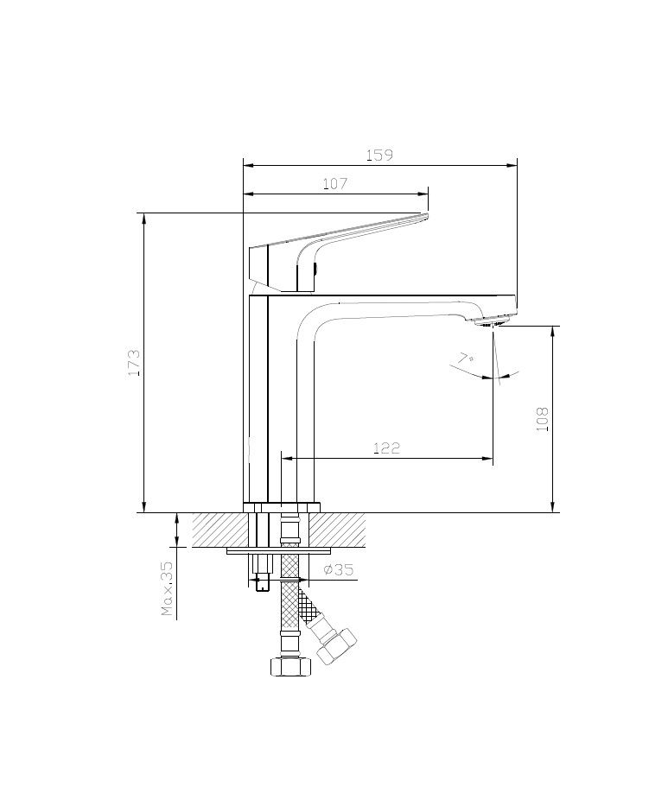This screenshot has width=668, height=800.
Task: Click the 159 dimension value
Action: click(379, 155)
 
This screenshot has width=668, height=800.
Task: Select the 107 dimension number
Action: click(334, 184)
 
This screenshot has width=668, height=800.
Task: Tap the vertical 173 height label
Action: click(134, 363)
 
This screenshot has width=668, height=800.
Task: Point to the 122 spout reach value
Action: click(387, 448)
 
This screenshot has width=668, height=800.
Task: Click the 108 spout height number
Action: click(542, 419)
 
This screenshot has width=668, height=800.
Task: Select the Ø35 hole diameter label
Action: click(339, 569)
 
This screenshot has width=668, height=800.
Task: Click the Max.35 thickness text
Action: click(167, 588)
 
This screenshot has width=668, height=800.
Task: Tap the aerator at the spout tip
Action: click(492, 322)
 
